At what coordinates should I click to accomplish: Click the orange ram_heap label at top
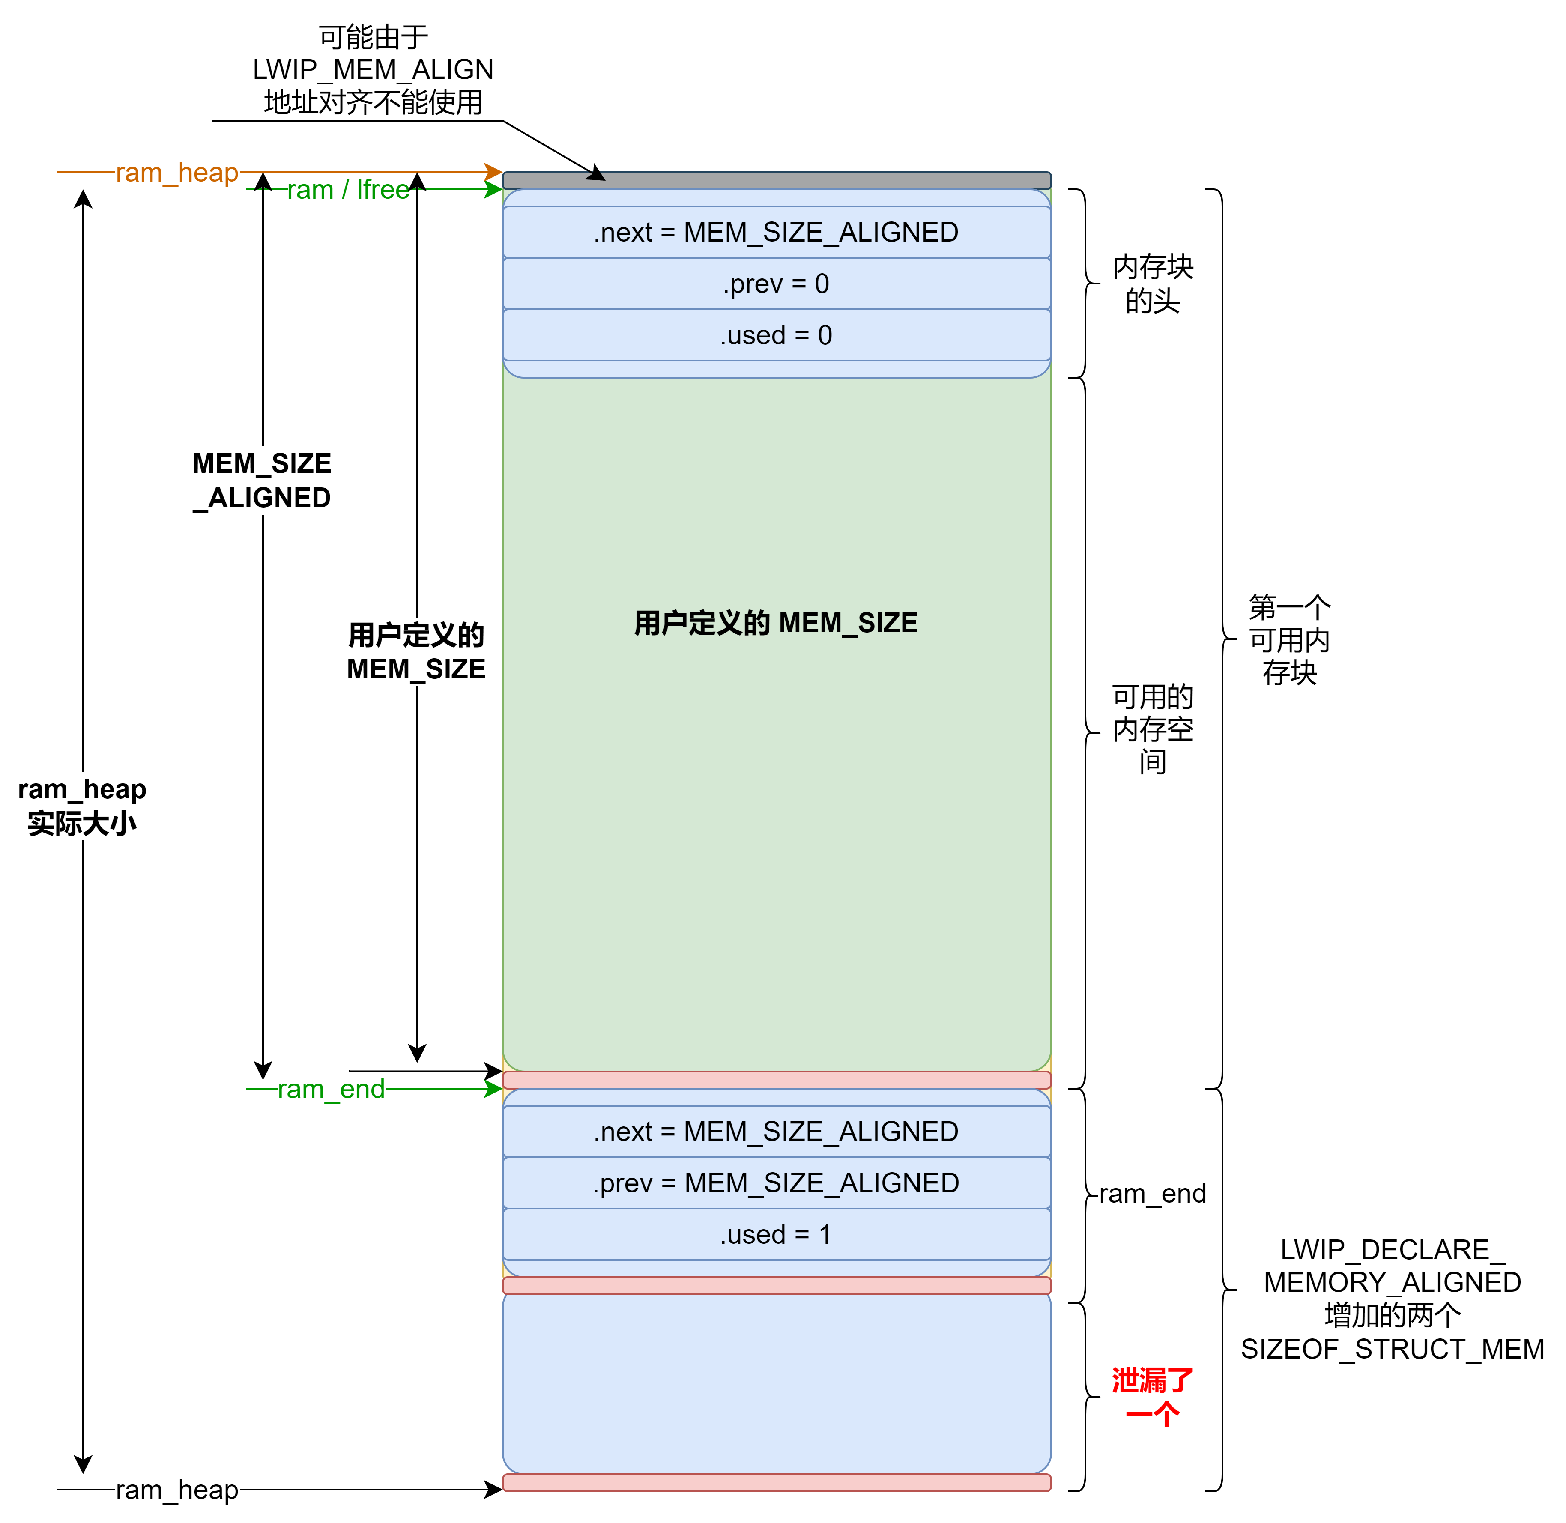coord(177,172)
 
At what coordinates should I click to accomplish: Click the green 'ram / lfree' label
coord(349,190)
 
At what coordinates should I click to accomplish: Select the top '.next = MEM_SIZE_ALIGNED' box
coord(776,232)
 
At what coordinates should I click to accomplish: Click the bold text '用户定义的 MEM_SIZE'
coord(776,622)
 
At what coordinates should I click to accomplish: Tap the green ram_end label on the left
coord(331,1089)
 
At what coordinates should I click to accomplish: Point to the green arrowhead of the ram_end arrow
coord(493,1089)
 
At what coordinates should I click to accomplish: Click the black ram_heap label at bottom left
coord(177,1490)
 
